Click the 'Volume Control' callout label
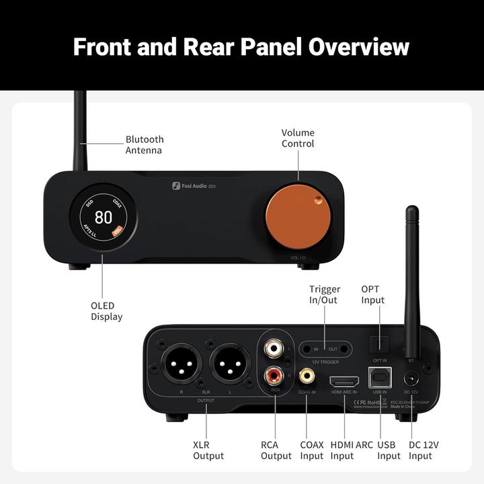coord(298,138)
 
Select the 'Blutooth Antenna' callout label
coord(145,145)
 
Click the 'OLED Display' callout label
coord(106,311)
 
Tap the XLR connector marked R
coord(181,366)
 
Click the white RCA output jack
coord(272,350)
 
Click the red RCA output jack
coord(272,372)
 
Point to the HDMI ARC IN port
coord(344,380)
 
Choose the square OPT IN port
coord(380,342)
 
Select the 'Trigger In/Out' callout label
coord(325,294)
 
